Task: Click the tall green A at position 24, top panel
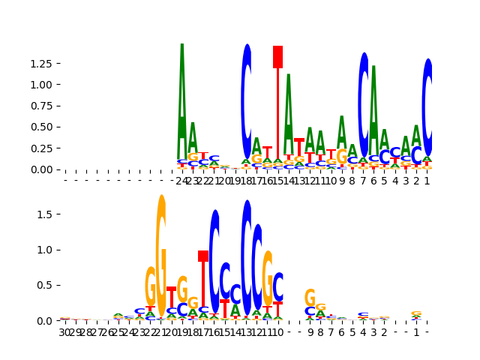(x=181, y=97)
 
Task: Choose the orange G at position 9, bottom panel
(x=310, y=298)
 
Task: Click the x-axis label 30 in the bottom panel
(x=64, y=332)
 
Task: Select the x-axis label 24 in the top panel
(x=181, y=181)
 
